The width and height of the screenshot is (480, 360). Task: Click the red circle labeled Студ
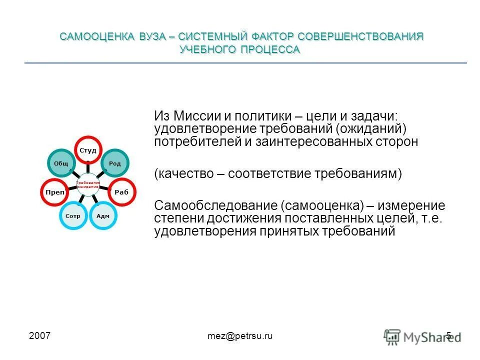(x=88, y=149)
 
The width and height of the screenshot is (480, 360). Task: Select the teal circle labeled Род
(x=115, y=163)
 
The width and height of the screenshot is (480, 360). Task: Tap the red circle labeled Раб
(x=122, y=192)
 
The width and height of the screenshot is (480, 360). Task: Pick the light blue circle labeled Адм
(x=102, y=215)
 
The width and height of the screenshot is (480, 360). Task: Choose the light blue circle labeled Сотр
(x=73, y=215)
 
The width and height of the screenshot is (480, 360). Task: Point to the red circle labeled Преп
(x=54, y=192)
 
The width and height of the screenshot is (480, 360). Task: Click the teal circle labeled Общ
(x=61, y=163)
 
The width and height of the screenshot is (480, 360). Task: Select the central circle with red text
(x=88, y=184)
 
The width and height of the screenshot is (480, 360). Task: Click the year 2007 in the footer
(x=39, y=336)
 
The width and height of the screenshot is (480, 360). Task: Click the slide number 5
(x=448, y=336)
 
